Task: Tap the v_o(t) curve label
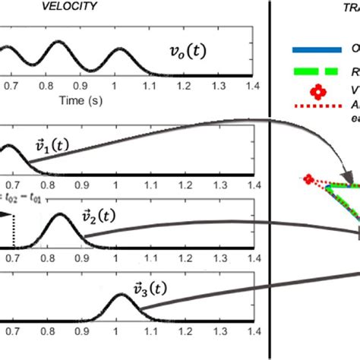188,52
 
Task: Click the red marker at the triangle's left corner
308,179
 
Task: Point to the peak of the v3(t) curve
120,295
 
